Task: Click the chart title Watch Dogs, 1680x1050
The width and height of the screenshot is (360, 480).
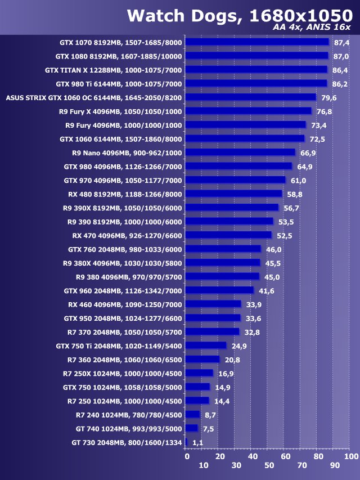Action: pyautogui.click(x=238, y=16)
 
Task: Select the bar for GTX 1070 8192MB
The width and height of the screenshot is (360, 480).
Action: pyautogui.click(x=256, y=42)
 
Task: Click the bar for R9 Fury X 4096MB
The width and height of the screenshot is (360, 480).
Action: pyautogui.click(x=248, y=111)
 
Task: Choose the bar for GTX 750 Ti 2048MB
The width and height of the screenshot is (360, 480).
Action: pyautogui.click(x=206, y=346)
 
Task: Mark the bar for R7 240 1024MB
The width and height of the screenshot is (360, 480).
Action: pyautogui.click(x=192, y=415)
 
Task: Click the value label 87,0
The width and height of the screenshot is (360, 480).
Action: pyautogui.click(x=341, y=56)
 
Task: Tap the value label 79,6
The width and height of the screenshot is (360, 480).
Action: pyautogui.click(x=329, y=98)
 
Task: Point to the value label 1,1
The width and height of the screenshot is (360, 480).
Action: pyautogui.click(x=197, y=443)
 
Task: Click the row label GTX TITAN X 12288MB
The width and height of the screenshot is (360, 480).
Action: pyautogui.click(x=114, y=70)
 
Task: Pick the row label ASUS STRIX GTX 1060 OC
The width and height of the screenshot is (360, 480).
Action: pyautogui.click(x=94, y=98)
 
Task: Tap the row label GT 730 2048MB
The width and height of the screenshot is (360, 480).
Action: pyautogui.click(x=127, y=443)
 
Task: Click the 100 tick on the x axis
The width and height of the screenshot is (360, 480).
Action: pyautogui.click(x=350, y=456)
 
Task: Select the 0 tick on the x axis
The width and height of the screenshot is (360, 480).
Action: pyautogui.click(x=187, y=456)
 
